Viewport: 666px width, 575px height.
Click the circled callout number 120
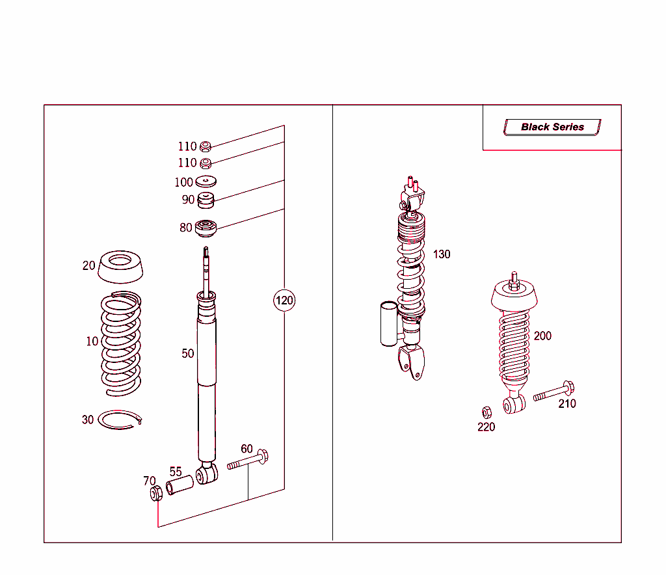(284, 301)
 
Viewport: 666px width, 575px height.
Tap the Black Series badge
(552, 127)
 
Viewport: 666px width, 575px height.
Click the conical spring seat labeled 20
(121, 267)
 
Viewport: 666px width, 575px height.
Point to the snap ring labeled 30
(120, 420)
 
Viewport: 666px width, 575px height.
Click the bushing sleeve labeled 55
(180, 485)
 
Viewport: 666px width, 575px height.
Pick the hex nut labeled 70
(155, 494)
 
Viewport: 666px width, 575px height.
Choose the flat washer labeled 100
(206, 182)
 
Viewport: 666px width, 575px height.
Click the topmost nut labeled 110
(205, 146)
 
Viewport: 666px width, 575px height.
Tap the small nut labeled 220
(486, 412)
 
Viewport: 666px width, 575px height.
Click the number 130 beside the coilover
(442, 254)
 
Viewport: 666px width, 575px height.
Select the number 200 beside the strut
(542, 336)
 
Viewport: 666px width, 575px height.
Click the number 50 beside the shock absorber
(188, 354)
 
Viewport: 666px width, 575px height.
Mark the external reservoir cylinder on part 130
(388, 323)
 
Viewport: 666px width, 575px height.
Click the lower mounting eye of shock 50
(207, 474)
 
